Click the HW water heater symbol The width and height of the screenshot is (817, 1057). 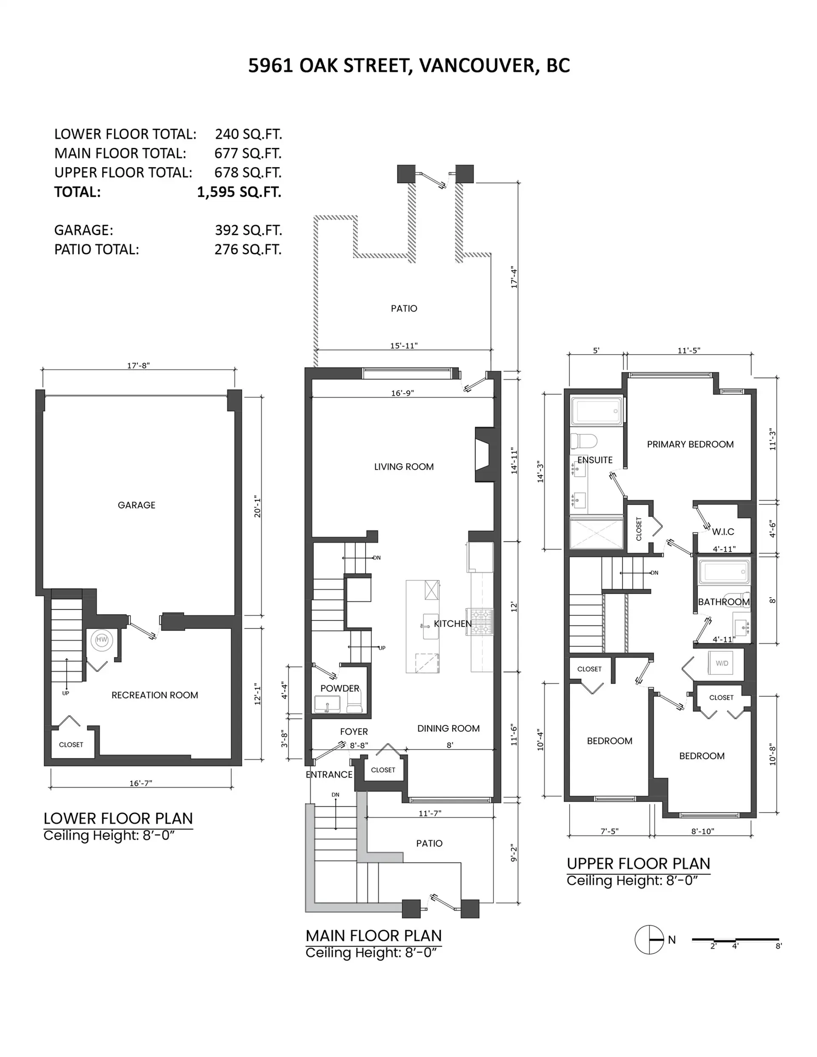tap(102, 640)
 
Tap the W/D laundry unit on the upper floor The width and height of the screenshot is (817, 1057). tap(722, 664)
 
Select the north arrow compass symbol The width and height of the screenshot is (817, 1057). tap(649, 940)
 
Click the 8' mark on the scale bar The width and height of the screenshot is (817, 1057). tap(778, 946)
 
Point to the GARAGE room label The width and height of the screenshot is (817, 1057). tap(137, 505)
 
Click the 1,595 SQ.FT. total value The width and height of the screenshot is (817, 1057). tap(239, 192)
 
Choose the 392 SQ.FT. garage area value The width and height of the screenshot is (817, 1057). tap(248, 231)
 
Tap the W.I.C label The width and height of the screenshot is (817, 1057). tap(723, 532)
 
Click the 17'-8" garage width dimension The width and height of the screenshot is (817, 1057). tap(139, 365)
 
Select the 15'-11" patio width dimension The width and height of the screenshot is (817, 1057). tap(403, 345)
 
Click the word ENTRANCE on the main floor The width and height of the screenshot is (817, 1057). tap(329, 775)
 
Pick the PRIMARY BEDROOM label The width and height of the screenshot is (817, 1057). tap(690, 444)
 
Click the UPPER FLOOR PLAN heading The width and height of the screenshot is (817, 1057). tap(638, 864)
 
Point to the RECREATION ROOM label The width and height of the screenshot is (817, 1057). tap(154, 695)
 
